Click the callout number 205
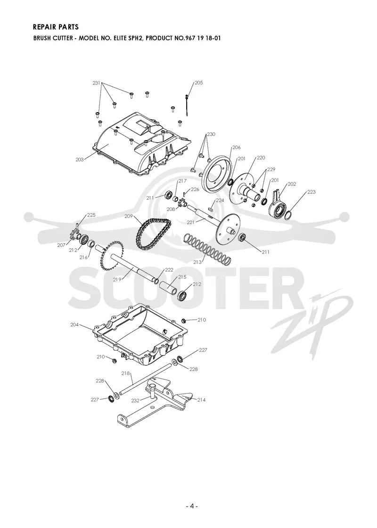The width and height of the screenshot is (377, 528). coord(198,83)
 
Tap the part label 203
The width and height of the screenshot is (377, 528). coord(80,160)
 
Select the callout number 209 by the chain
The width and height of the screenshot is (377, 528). coord(129,216)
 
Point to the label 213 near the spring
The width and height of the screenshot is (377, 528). coord(197,262)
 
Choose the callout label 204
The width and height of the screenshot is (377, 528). coord(74,325)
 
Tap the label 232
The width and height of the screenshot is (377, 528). coord(135,401)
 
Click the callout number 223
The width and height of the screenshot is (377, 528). coord(311,192)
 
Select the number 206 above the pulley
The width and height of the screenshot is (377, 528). coord(236,148)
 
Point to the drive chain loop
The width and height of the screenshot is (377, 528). coord(154,233)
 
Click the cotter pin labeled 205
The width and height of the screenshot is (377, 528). coord(187,105)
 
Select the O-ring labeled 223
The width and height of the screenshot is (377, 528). coord(289,214)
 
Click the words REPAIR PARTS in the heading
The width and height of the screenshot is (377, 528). coord(56,27)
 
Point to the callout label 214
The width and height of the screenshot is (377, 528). coord(201,400)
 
